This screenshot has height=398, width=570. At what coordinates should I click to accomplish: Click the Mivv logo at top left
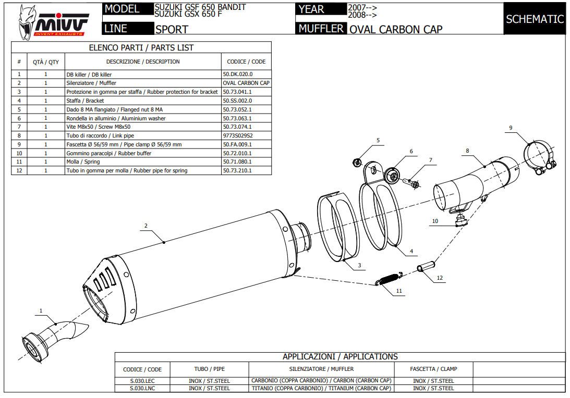pyautogui.click(x=52, y=23)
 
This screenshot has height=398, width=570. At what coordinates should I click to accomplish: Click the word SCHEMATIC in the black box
pyautogui.click(x=535, y=19)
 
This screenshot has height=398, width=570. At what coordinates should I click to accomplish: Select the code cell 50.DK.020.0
pyautogui.click(x=237, y=74)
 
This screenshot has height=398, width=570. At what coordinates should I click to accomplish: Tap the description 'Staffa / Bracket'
pyautogui.click(x=85, y=101)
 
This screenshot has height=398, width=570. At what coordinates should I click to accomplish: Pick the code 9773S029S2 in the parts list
pyautogui.click(x=237, y=135)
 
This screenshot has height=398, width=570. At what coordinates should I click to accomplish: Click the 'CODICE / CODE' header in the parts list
pyautogui.click(x=246, y=61)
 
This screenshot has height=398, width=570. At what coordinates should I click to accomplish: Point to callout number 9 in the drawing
pyautogui.click(x=511, y=128)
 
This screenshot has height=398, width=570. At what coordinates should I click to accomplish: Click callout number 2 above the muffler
pyautogui.click(x=146, y=226)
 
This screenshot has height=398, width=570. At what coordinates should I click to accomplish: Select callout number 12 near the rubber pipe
pyautogui.click(x=440, y=278)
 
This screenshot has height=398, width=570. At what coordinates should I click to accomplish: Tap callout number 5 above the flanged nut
pyautogui.click(x=378, y=140)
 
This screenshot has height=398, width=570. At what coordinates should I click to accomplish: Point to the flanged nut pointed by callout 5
pyautogui.click(x=357, y=162)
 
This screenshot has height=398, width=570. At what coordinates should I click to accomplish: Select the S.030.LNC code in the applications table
pyautogui.click(x=142, y=388)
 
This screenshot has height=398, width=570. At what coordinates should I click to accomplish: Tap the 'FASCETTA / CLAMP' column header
pyautogui.click(x=433, y=369)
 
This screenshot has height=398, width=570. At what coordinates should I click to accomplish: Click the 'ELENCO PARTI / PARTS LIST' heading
pyautogui.click(x=141, y=47)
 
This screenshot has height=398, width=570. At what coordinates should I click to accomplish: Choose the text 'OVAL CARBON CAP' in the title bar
pyautogui.click(x=395, y=30)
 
